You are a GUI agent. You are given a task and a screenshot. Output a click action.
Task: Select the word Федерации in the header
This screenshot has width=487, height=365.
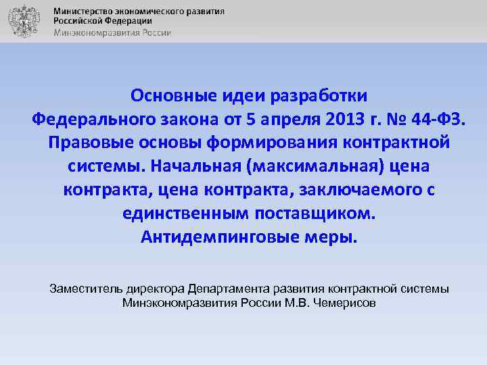click(x=129, y=22)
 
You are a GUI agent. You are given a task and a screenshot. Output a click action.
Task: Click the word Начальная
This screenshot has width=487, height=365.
click(x=195, y=166)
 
